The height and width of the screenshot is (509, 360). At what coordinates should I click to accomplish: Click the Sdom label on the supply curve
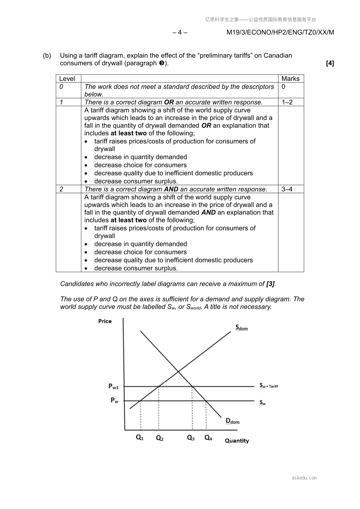click(x=241, y=327)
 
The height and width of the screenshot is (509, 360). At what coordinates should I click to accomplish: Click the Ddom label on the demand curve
click(x=232, y=421)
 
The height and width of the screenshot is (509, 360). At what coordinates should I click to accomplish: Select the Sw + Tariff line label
click(x=268, y=386)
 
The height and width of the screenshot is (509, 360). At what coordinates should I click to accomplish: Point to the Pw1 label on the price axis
click(x=114, y=386)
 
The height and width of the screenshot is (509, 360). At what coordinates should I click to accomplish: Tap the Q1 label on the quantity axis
click(x=140, y=437)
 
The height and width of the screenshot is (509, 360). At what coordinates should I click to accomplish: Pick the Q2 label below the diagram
click(x=160, y=438)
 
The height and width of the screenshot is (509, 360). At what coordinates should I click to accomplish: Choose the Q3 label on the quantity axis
click(x=191, y=437)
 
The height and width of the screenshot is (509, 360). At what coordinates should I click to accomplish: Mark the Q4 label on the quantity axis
click(x=208, y=437)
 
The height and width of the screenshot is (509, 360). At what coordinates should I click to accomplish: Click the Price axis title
click(x=105, y=321)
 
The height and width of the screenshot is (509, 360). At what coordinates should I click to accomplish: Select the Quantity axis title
click(x=237, y=440)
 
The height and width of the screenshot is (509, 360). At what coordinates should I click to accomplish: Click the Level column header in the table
click(x=67, y=79)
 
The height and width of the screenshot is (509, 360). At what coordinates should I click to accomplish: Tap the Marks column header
click(x=290, y=79)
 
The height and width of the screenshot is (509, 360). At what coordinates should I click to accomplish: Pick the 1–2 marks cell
click(x=287, y=102)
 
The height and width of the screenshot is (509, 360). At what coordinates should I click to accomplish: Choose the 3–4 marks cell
click(x=287, y=189)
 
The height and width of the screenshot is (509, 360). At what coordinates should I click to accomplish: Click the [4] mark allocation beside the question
click(x=330, y=63)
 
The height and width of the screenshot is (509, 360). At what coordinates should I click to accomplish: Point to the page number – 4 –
click(x=180, y=32)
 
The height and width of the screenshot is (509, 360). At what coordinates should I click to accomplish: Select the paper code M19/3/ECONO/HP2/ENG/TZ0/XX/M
click(x=280, y=32)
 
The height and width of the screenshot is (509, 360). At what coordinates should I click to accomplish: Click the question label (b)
click(x=47, y=56)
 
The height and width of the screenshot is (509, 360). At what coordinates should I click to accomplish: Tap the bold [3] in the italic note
click(x=271, y=284)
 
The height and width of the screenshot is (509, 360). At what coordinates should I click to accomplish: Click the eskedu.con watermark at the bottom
click(x=304, y=478)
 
